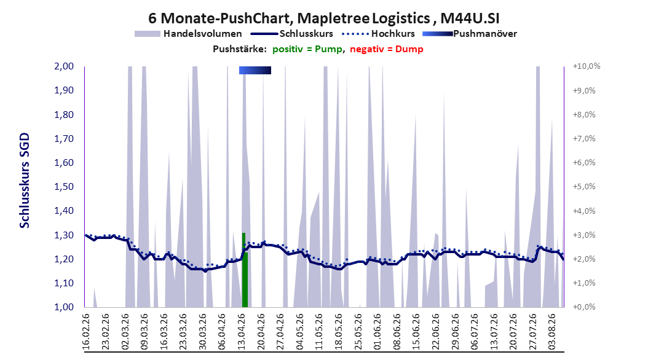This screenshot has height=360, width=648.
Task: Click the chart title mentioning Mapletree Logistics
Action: point(323,18)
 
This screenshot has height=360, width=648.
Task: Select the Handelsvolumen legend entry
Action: point(189,34)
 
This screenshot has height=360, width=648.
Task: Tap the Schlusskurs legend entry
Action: point(295,34)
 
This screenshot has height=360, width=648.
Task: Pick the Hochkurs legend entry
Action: point(379,34)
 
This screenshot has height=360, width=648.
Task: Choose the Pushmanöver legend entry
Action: point(470,34)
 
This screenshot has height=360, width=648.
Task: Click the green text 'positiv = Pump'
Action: point(307,49)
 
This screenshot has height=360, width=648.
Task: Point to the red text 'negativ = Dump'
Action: point(387,49)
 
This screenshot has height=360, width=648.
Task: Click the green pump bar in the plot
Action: point(245,270)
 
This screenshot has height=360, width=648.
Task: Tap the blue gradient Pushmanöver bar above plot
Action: point(255,70)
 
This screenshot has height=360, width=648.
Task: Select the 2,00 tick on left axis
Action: point(64,66)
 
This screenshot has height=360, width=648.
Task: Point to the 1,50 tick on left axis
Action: point(64,187)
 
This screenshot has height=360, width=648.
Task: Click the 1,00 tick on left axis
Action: point(64,307)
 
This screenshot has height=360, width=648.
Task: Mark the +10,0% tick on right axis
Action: point(587,66)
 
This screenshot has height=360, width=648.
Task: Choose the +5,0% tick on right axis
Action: point(584,187)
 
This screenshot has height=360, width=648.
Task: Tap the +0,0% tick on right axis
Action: point(584,307)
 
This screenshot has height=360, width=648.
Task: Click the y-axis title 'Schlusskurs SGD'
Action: point(25,181)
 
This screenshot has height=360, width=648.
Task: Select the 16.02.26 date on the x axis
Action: point(86,332)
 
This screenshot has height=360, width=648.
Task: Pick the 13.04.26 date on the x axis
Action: point(242,332)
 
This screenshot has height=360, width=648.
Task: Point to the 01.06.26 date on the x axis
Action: point(377,332)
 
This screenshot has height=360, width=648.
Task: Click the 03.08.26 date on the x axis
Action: point(553,332)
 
